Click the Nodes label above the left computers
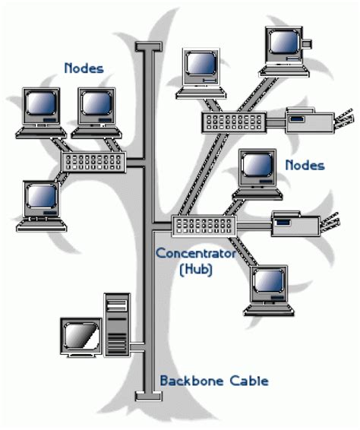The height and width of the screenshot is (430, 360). (x=84, y=69)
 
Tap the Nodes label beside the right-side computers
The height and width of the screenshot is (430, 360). (x=305, y=165)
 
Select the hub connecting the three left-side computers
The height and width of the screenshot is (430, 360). (x=91, y=162)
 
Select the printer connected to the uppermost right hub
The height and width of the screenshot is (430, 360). (x=312, y=120)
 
